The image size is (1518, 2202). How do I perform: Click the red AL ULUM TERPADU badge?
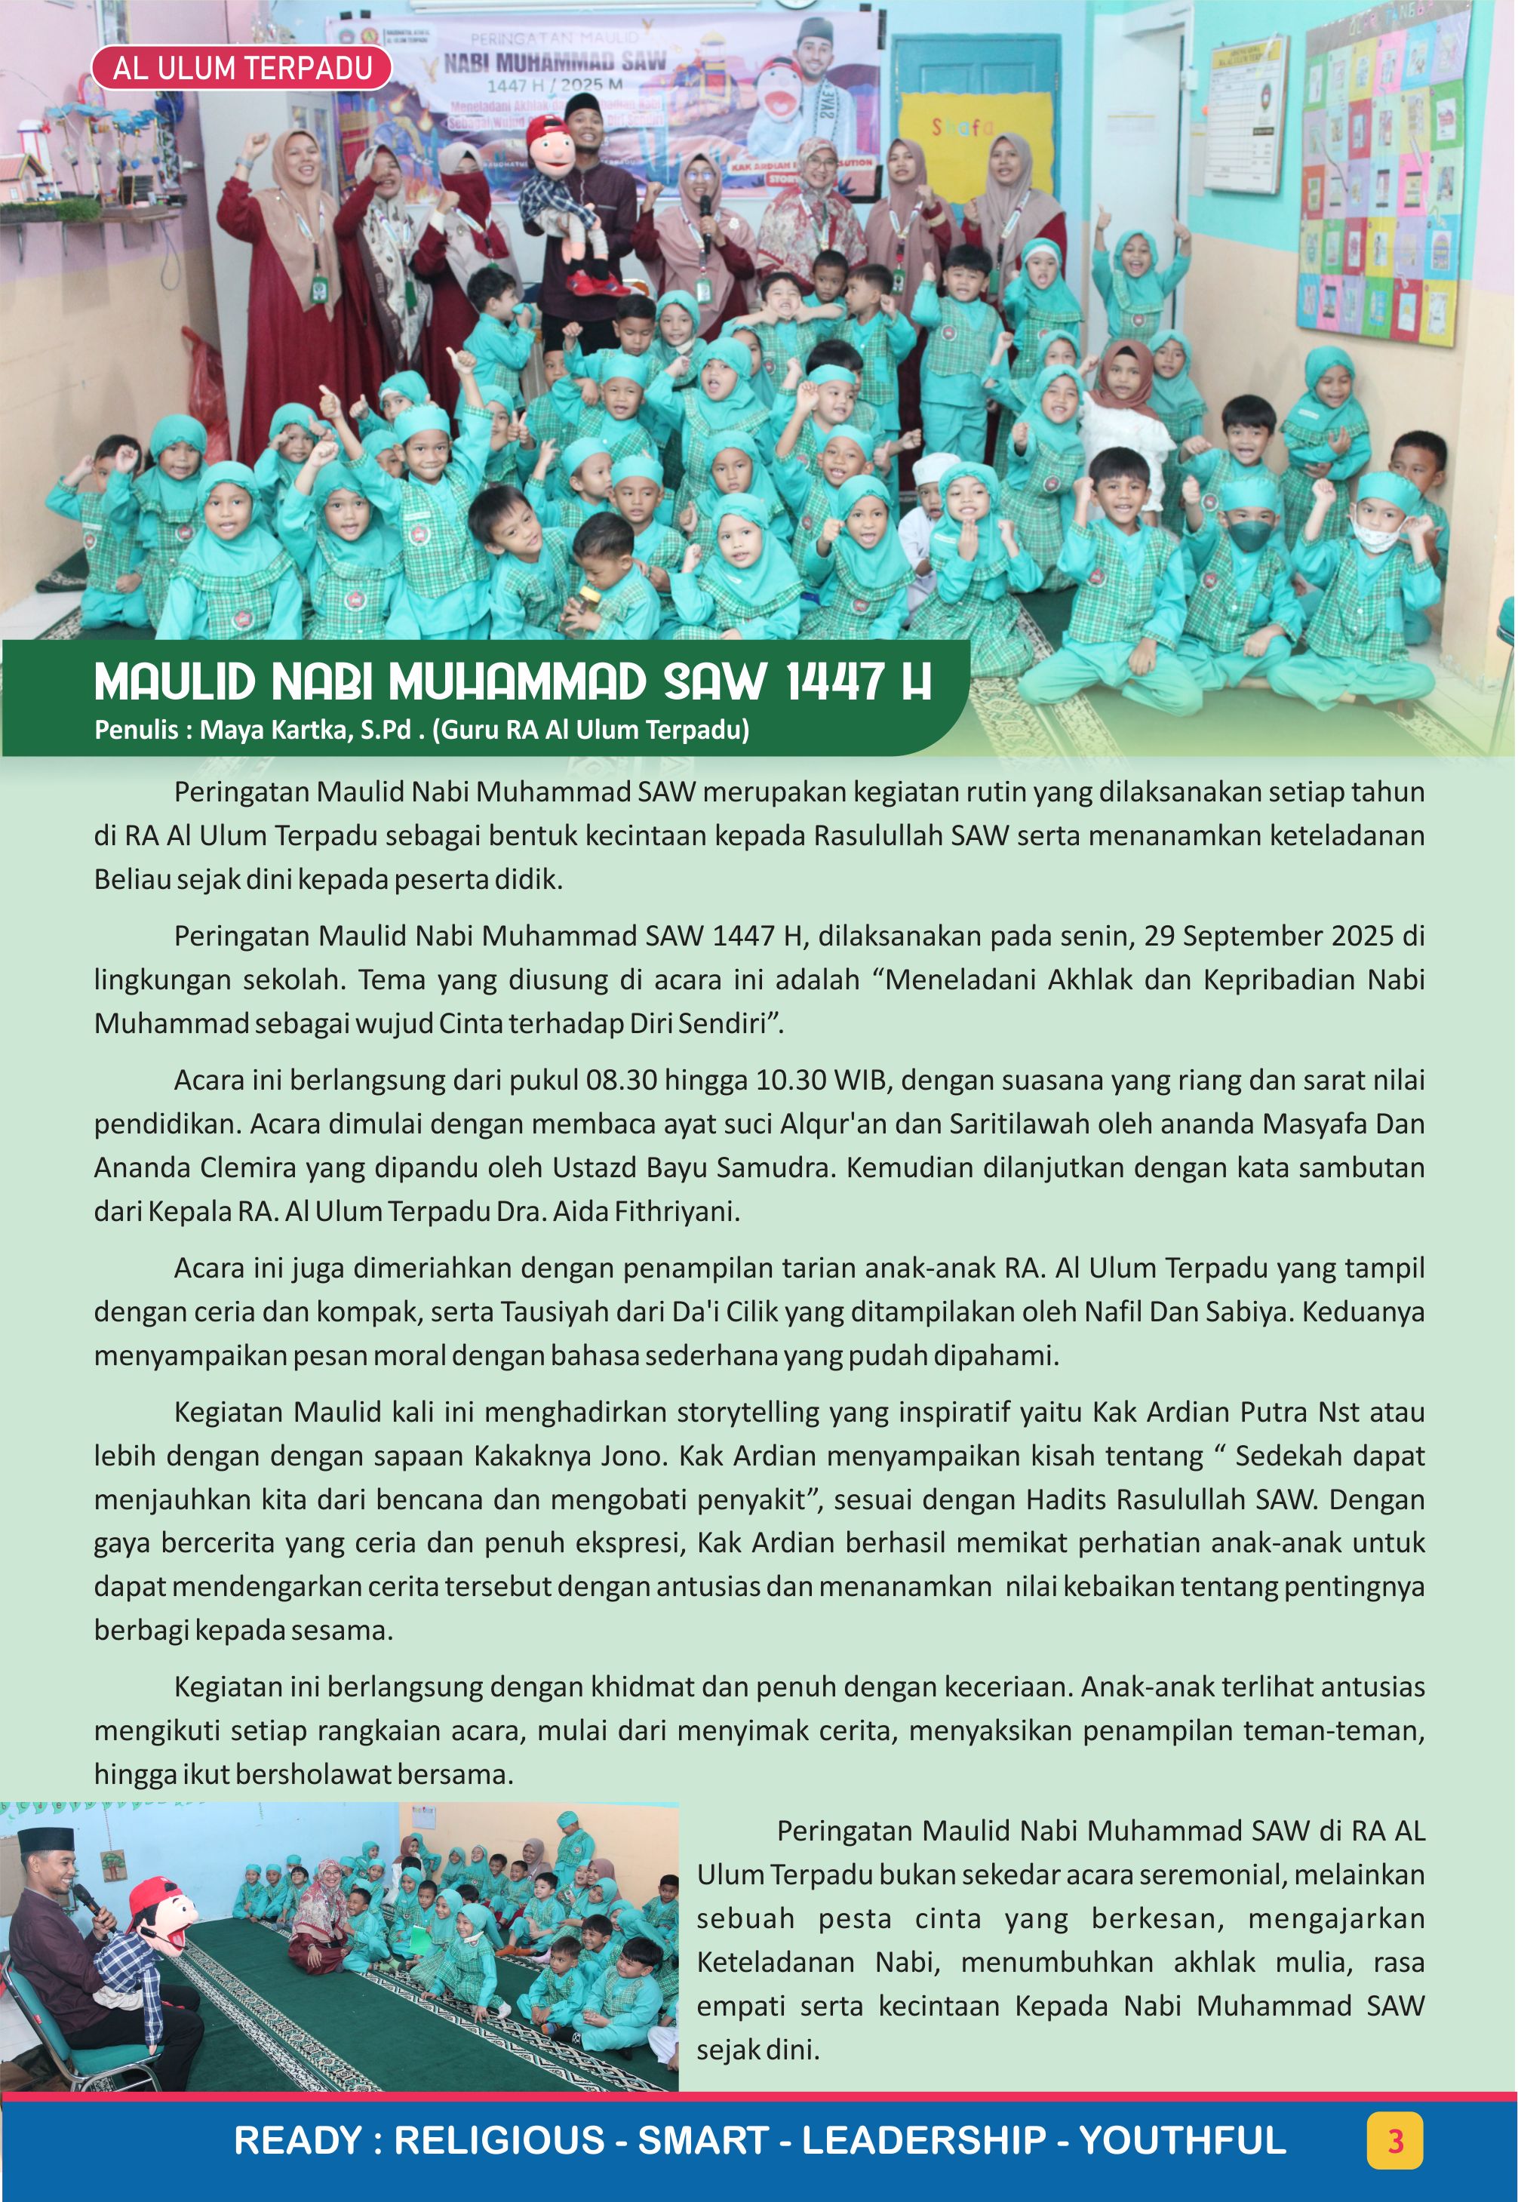tap(241, 69)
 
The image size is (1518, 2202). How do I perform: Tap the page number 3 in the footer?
tap(1394, 2140)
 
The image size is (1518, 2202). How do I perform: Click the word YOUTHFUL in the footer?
tap(1182, 2140)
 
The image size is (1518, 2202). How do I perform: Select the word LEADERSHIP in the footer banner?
tap(923, 2140)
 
